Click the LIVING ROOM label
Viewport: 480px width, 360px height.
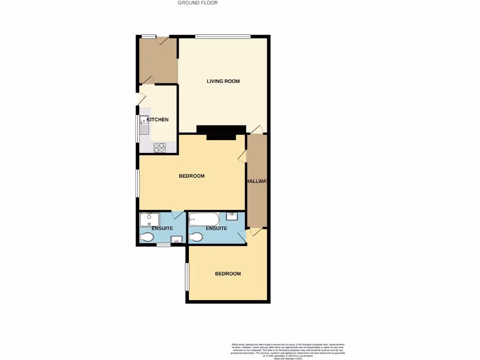(223, 81)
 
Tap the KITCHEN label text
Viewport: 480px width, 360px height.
(157, 120)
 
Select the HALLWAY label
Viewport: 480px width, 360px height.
(256, 181)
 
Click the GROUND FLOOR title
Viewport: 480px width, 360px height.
(197, 3)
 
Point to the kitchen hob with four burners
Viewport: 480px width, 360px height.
(160, 147)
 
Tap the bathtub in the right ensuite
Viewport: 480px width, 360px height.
(203, 219)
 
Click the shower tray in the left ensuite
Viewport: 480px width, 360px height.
(150, 219)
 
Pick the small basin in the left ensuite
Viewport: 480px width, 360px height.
(176, 240)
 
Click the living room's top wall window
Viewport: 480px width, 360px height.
(223, 37)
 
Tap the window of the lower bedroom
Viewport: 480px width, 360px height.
(187, 276)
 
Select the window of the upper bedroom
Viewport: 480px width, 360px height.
(137, 183)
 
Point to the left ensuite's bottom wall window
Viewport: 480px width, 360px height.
(163, 245)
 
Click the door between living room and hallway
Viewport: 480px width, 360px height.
(256, 129)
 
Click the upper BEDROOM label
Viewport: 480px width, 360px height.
(192, 176)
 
